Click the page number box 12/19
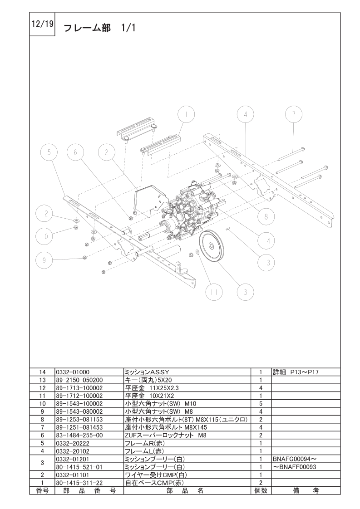(42, 24)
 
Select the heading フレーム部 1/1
(99, 28)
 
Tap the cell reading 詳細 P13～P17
(296, 372)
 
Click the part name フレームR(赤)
(144, 443)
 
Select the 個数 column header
(261, 490)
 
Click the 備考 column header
(306, 490)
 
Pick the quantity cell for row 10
(261, 403)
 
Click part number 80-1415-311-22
(79, 483)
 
